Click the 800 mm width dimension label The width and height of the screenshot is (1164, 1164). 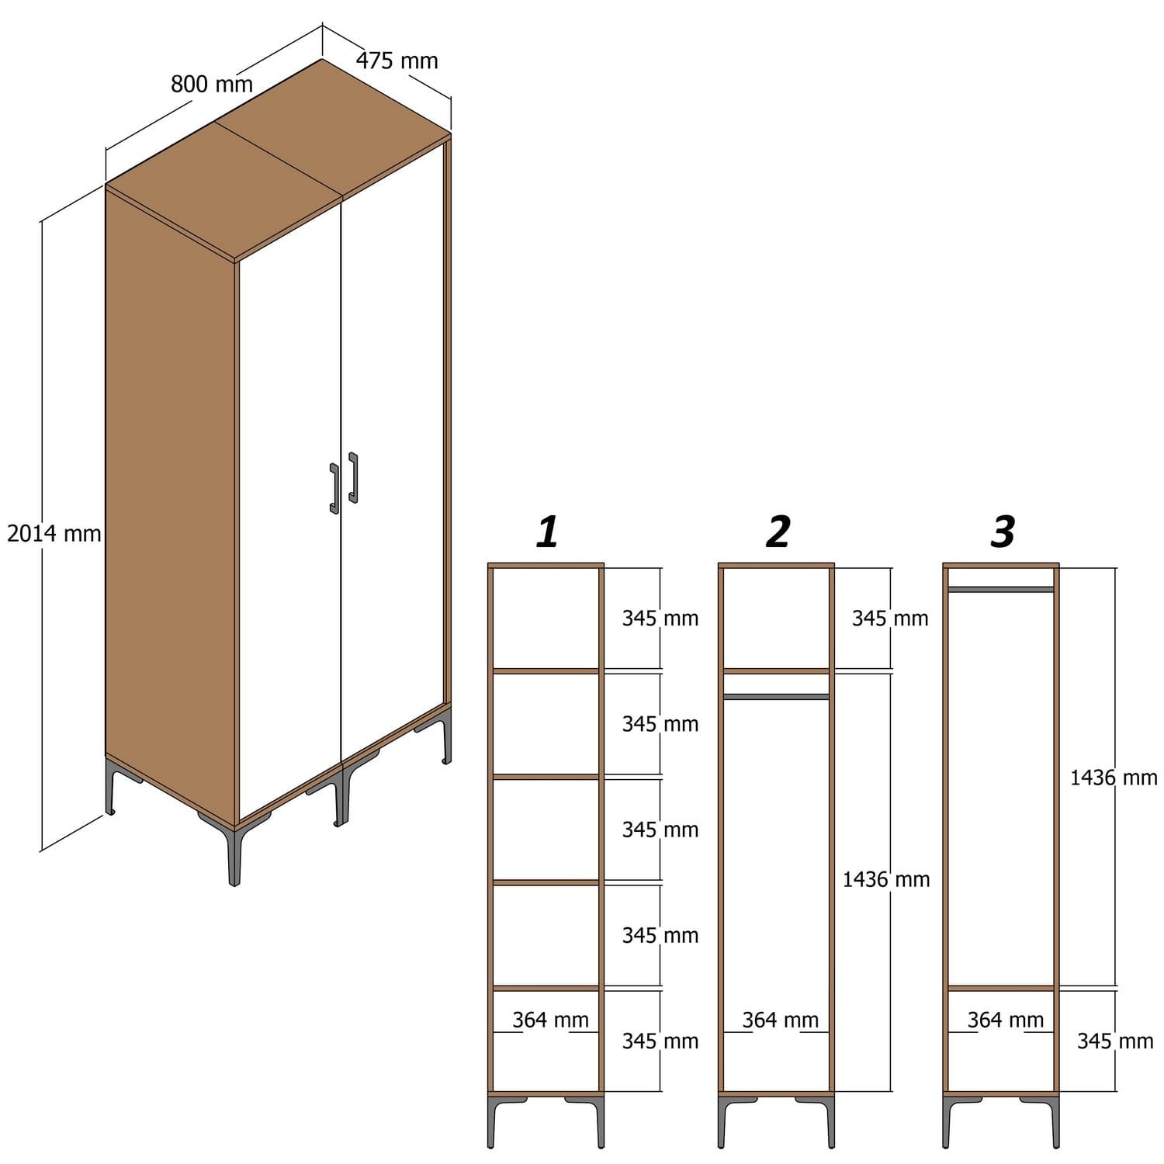[x=212, y=84]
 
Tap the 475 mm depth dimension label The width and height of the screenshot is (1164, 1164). [x=397, y=61]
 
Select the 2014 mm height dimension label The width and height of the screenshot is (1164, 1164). [x=54, y=534]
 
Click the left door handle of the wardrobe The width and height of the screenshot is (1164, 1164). [x=334, y=489]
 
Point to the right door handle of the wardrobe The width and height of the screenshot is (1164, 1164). [x=354, y=478]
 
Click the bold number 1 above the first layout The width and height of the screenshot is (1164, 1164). [x=547, y=532]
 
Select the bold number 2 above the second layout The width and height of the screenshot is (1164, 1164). [x=778, y=532]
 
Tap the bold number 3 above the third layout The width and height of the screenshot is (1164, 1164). [x=1003, y=532]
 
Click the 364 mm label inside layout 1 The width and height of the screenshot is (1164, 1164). [x=550, y=1020]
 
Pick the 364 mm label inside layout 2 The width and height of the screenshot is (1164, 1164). [x=780, y=1020]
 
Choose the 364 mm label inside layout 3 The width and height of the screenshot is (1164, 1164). [x=1005, y=1020]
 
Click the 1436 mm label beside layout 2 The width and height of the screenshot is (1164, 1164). [x=886, y=879]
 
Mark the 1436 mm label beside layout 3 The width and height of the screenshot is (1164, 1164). [x=1114, y=777]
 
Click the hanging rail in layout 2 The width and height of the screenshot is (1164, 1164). [x=776, y=697]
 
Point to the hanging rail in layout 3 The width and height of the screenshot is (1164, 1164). [x=1001, y=590]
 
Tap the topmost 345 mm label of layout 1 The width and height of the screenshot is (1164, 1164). [x=660, y=618]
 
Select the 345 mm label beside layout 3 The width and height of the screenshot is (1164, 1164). [x=1115, y=1041]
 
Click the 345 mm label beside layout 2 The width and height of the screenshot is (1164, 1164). [x=890, y=618]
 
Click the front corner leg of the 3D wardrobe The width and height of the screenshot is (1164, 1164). [x=233, y=854]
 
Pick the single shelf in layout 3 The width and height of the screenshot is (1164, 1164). [x=1001, y=989]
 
